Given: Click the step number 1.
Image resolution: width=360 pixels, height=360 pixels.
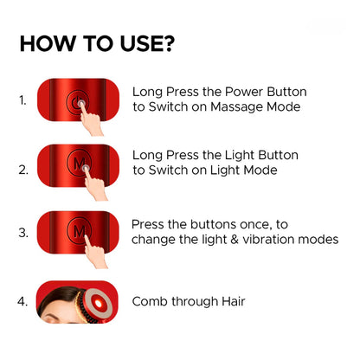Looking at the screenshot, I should [x=22, y=100].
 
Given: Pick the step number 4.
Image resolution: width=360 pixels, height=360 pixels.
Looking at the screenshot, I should [x=22, y=303].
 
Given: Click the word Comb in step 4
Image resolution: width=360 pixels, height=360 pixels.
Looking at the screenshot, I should [x=151, y=302].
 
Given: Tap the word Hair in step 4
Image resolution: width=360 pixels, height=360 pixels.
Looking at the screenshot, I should [x=230, y=302].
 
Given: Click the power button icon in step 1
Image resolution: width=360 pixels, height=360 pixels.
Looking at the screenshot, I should [x=78, y=100].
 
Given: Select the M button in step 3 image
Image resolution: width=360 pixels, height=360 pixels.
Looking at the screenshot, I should [x=79, y=231].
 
